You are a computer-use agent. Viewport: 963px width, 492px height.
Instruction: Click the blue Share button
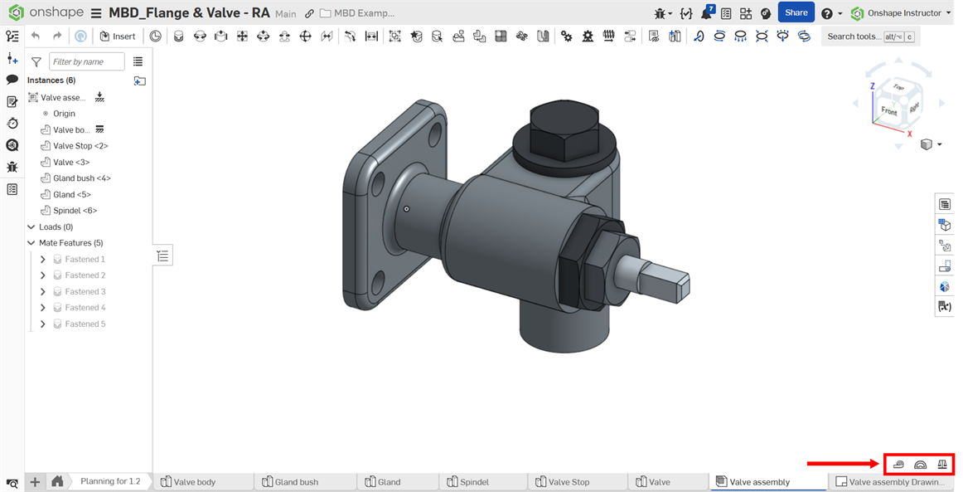point(796,12)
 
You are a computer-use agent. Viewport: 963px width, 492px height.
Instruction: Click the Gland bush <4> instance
point(81,178)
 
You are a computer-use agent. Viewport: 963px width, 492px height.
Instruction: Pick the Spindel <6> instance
point(75,211)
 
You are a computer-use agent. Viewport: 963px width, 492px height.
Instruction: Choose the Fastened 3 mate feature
point(85,291)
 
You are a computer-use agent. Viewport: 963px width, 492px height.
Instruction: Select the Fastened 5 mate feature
point(85,324)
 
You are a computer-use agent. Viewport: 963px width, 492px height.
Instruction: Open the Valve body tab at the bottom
point(195,482)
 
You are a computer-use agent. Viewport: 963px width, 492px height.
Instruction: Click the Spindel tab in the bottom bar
point(474,482)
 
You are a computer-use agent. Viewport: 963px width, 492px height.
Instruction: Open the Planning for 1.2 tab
point(110,481)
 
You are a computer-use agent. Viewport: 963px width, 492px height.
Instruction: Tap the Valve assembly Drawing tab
point(896,482)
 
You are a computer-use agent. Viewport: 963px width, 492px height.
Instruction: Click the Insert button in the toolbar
point(118,37)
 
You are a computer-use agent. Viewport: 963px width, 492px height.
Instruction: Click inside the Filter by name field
point(86,61)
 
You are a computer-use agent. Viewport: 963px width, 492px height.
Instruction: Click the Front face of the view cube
point(888,110)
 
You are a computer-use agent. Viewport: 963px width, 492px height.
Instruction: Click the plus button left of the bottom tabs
point(35,482)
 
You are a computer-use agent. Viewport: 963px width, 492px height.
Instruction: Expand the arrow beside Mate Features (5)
point(31,243)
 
